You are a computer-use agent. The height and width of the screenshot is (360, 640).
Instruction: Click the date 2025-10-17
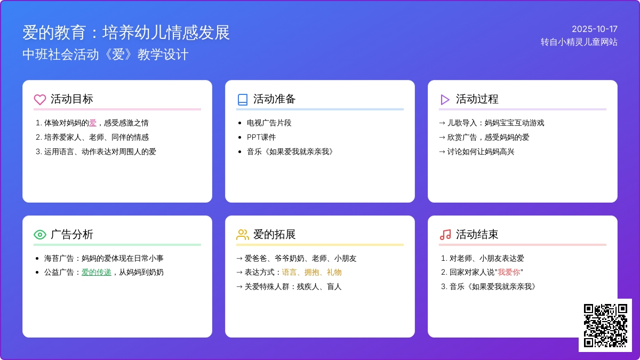pos(594,29)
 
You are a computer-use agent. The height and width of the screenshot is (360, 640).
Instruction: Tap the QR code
pos(605,325)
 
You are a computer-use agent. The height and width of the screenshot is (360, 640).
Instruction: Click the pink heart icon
pos(40,99)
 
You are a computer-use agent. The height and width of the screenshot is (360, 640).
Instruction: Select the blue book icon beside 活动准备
pos(243,99)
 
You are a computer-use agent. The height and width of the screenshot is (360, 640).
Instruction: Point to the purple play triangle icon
pos(445,99)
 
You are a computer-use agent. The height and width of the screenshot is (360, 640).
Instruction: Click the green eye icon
pos(40,235)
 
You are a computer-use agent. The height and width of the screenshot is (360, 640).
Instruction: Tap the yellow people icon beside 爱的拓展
pos(243,235)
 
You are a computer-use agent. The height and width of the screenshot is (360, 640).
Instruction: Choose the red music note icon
pos(445,235)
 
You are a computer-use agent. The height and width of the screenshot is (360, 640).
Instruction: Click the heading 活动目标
pos(72,99)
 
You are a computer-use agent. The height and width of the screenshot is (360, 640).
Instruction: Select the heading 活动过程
pos(477,99)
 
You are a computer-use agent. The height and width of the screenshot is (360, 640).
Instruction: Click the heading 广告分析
pos(72,235)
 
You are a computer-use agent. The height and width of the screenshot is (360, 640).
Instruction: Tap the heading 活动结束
pos(477,235)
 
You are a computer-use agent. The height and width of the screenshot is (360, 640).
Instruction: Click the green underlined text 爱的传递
pos(97,273)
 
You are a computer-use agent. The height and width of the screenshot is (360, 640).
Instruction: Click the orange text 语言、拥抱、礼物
pos(311,273)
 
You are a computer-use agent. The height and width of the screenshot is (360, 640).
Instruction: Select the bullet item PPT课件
pos(261,137)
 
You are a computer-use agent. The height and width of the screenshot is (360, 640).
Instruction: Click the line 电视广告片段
pos(269,123)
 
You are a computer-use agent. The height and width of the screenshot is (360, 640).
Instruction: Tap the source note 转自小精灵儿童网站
pos(579,42)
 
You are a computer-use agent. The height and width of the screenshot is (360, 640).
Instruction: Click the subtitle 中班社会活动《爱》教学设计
pos(106,55)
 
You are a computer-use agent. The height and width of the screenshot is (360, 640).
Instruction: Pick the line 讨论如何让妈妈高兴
pos(481,151)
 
